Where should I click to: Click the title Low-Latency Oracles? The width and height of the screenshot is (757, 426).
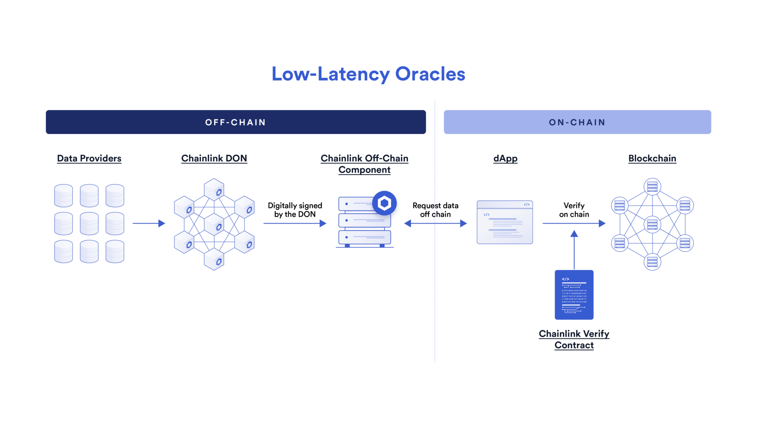coord(368,74)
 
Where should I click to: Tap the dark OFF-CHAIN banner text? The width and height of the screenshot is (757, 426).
coord(235,122)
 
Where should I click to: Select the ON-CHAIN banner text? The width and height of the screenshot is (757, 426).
coord(577,122)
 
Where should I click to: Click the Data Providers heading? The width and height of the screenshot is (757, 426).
coord(89,158)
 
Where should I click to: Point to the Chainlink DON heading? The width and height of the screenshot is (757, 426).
coord(214,158)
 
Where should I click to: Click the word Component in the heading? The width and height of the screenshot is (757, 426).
coord(364,170)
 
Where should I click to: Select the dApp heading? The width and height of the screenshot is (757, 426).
coord(505,158)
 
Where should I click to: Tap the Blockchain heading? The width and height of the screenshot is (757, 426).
coord(652,158)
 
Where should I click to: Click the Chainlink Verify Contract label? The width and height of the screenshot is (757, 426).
coord(574,339)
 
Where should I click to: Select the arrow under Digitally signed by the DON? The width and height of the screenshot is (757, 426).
coord(295,223)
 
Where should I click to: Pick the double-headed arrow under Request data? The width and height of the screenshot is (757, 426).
coord(435,223)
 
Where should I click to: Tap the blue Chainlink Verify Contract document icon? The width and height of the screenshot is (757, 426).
coord(574,295)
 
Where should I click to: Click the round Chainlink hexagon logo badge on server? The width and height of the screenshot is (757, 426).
coord(384,203)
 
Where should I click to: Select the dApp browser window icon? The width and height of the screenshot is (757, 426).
coord(505,222)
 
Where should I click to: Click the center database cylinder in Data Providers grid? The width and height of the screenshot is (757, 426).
coord(89,223)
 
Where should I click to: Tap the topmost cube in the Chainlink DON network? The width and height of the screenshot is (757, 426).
coord(214,189)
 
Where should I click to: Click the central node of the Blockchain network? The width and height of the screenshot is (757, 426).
coord(652,224)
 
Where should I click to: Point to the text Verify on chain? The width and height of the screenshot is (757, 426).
coord(574,210)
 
